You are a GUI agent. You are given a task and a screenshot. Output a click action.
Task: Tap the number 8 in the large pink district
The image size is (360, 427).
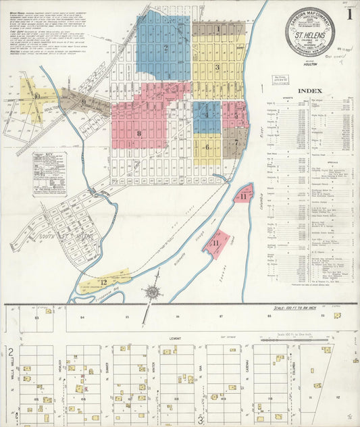[138, 133]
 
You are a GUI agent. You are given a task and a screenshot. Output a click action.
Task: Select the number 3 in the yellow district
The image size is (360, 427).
[217, 67]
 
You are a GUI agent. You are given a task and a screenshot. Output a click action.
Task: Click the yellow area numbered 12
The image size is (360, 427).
[103, 281]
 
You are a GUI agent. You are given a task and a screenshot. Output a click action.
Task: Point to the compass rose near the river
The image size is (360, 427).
[152, 293]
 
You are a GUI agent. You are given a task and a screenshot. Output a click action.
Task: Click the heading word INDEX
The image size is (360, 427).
[309, 91]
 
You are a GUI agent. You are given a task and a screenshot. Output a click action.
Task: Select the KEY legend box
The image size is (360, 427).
[49, 174]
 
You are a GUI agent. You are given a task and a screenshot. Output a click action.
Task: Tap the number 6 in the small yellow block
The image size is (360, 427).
[207, 146]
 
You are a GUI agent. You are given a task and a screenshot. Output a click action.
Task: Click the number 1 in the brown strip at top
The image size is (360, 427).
[218, 29]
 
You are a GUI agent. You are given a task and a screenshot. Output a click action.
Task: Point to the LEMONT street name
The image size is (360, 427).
[176, 336]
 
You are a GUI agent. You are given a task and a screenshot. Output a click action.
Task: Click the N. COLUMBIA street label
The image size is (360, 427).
[295, 369]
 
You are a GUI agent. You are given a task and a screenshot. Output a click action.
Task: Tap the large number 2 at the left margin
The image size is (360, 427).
[11, 351]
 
